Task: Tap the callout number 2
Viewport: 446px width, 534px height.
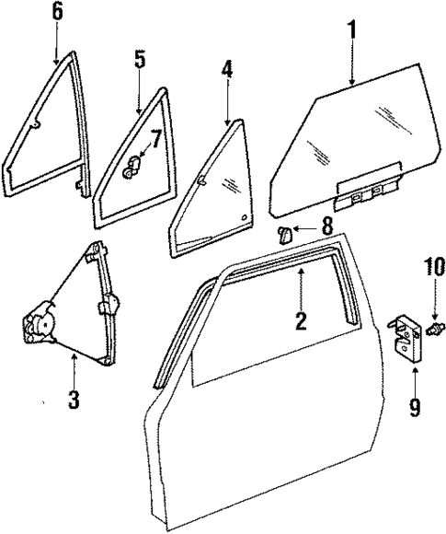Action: [x=300, y=321]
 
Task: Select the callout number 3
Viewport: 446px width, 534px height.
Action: [x=74, y=400]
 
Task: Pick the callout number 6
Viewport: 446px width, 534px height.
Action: [x=57, y=13]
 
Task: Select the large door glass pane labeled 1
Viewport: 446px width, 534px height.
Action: [x=340, y=138]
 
